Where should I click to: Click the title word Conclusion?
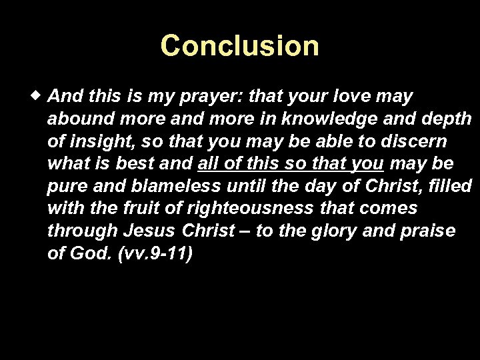239,46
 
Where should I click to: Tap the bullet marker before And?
39,95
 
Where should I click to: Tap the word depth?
447,119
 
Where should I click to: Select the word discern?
414,141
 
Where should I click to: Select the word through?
83,231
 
